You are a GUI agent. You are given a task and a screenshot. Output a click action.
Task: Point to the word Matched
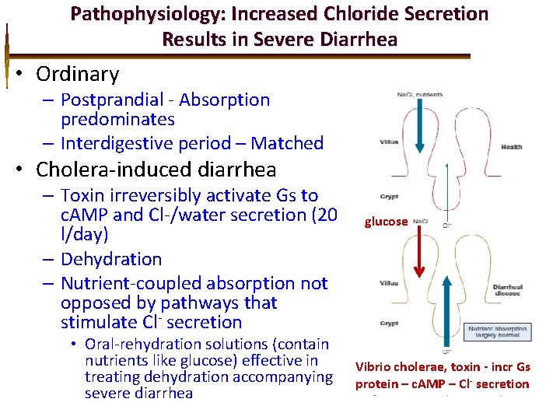[287, 143]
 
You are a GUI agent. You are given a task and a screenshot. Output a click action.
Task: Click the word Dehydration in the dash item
[111, 259]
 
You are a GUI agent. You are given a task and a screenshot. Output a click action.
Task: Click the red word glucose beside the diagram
[386, 222]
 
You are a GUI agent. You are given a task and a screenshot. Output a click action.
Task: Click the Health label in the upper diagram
[511, 147]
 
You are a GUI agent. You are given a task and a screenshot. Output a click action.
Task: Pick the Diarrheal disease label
[508, 291]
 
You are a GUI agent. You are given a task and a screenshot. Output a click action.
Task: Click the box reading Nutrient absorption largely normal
[496, 333]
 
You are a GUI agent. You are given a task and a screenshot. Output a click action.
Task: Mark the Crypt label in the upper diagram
[389, 197]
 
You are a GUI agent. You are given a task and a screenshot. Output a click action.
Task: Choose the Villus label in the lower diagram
[389, 283]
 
